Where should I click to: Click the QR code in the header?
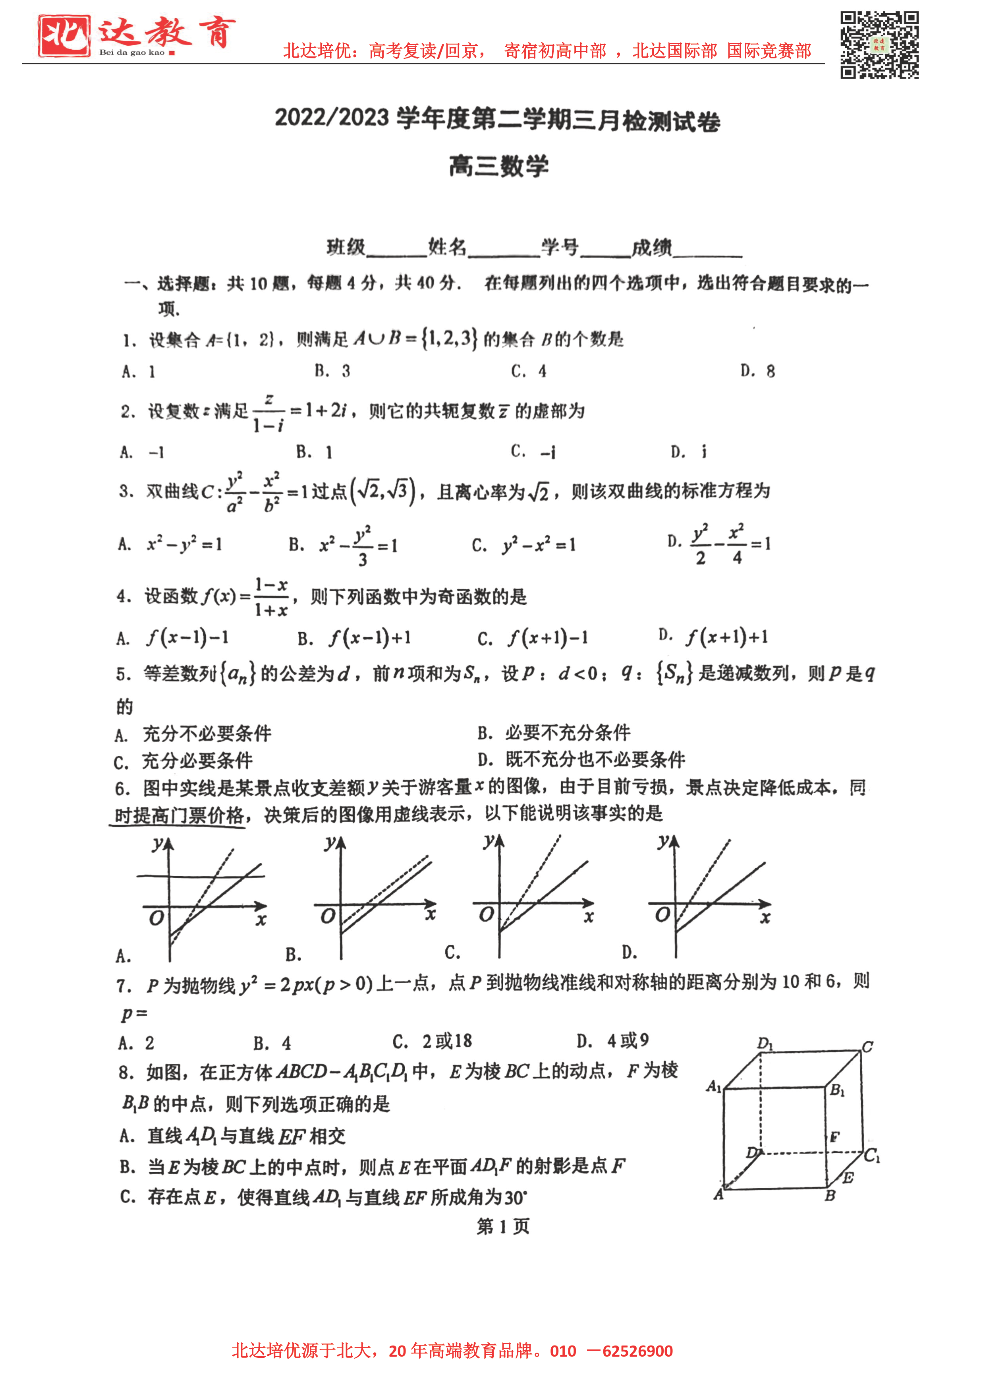[x=879, y=45]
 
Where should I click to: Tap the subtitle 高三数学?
[x=498, y=166]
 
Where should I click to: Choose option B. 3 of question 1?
[x=332, y=371]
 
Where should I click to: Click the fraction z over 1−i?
[x=269, y=413]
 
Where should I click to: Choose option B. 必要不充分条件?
[x=554, y=733]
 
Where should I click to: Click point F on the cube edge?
[x=834, y=1136]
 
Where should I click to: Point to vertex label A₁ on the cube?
[x=714, y=1086]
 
